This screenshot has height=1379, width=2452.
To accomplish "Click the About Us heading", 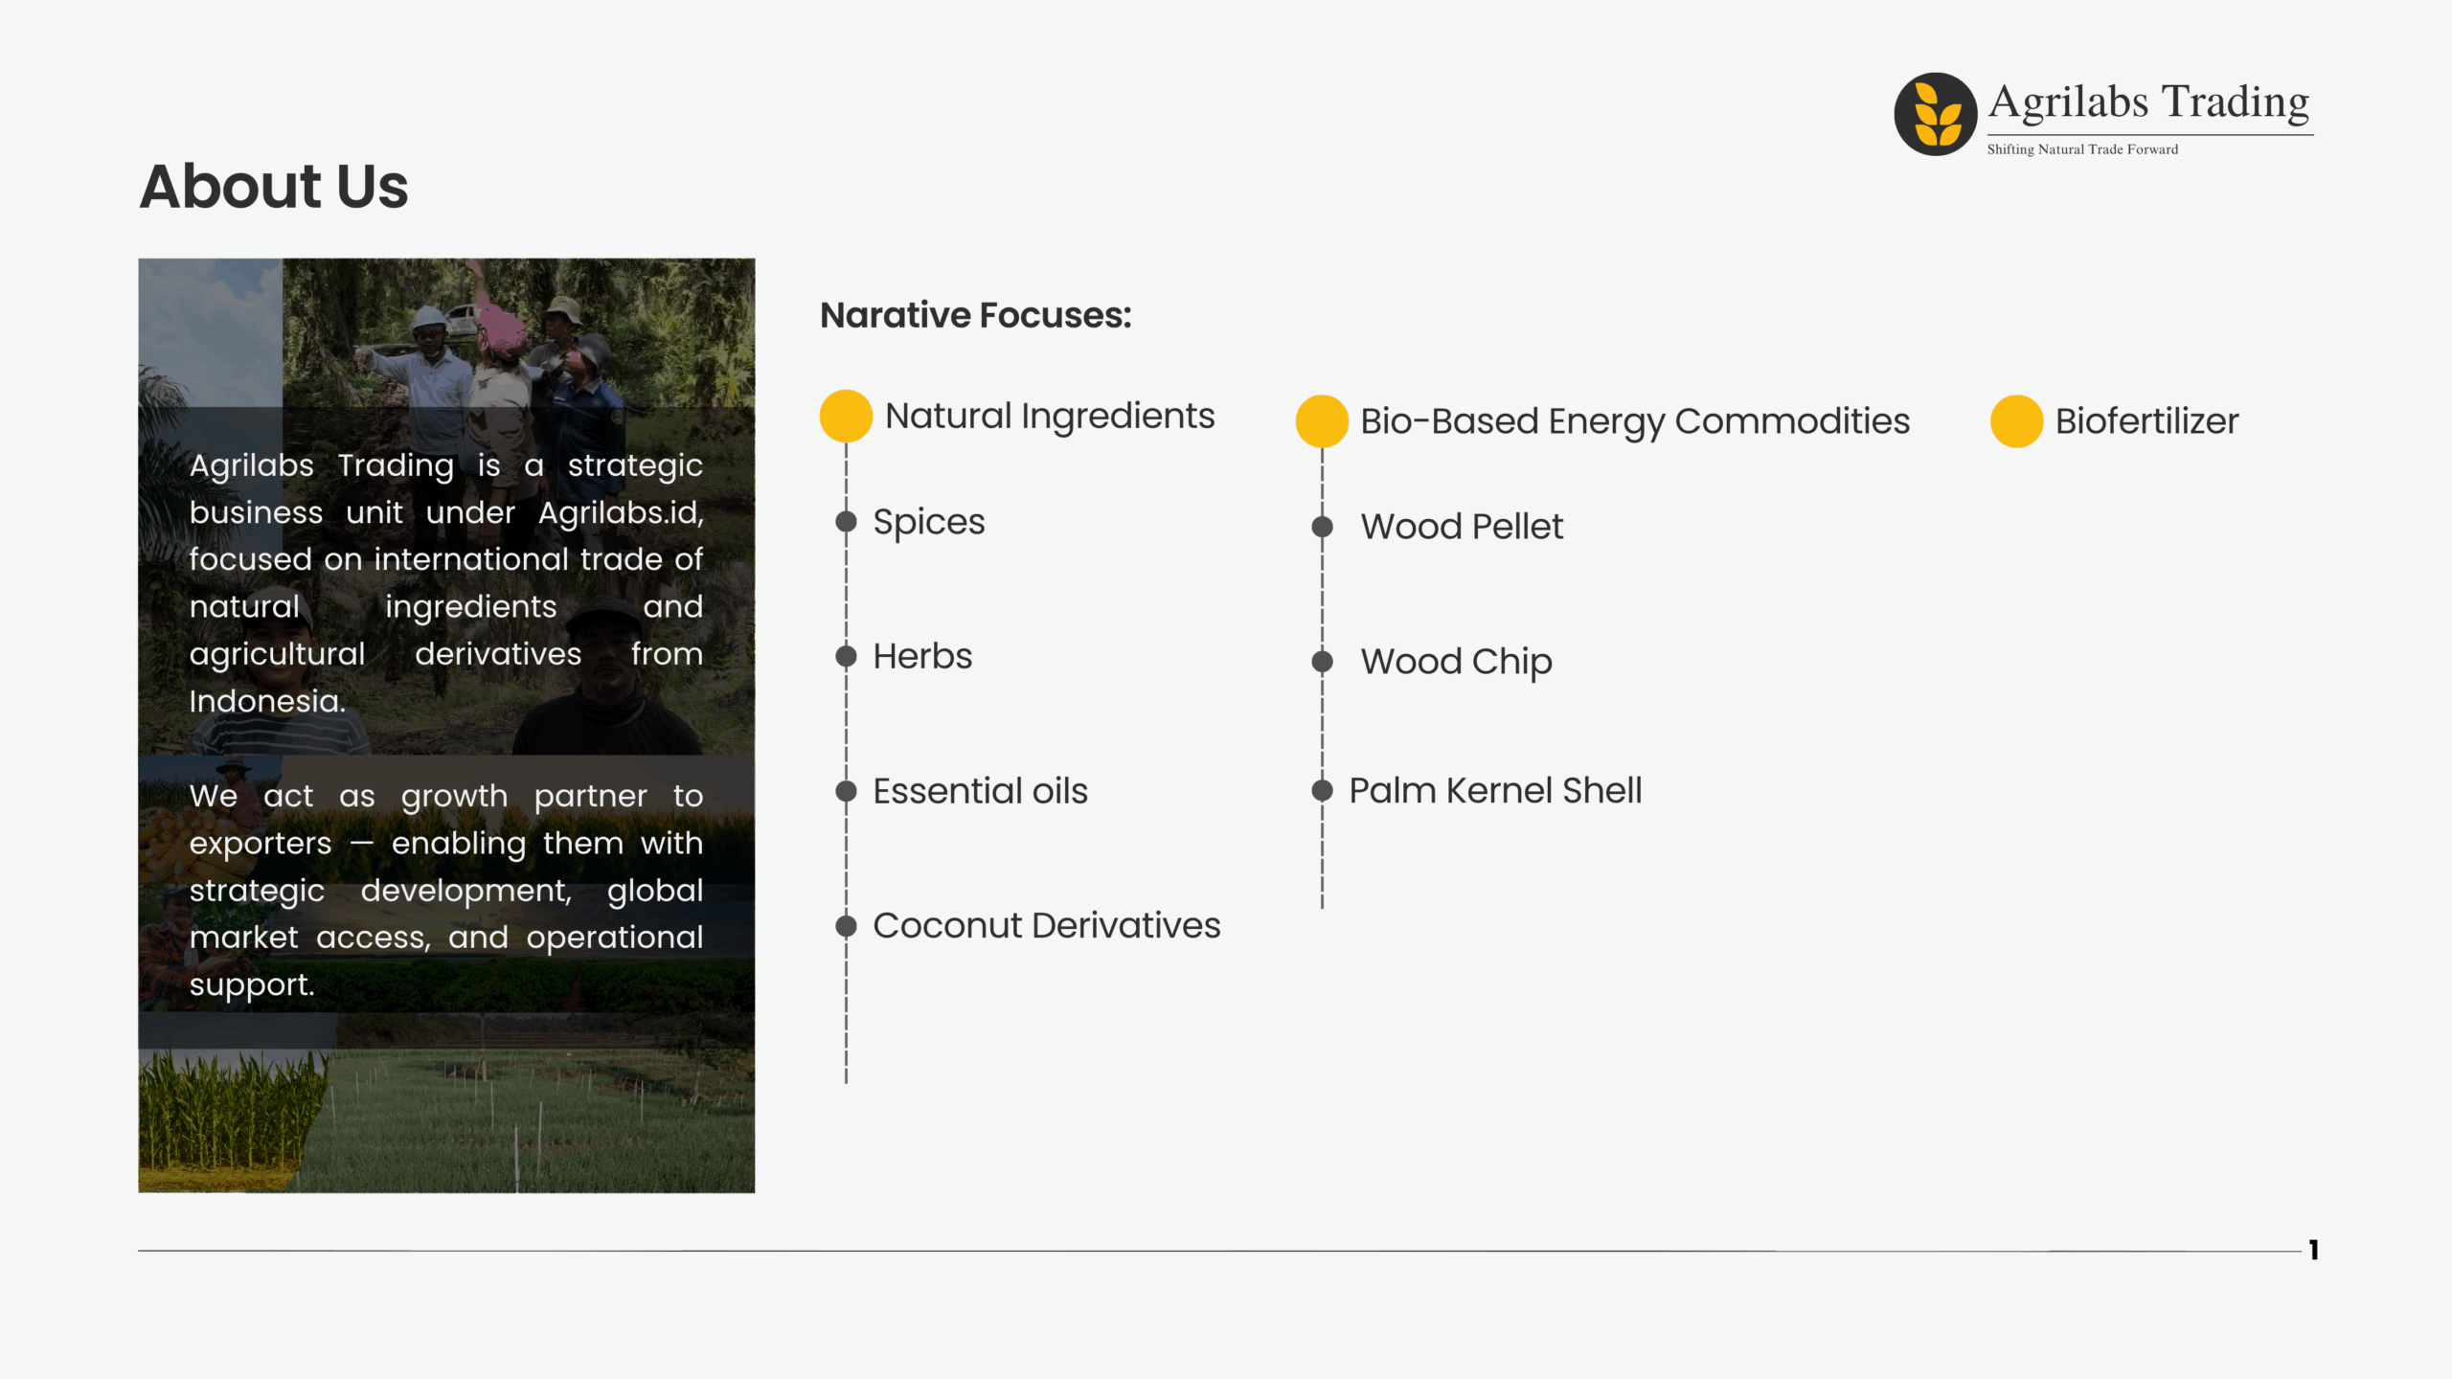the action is click(274, 186).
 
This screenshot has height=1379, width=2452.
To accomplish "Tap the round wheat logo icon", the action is click(1936, 114).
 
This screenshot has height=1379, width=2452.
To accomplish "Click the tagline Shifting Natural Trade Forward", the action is click(2082, 149).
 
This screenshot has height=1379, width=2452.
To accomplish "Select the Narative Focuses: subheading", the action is click(975, 315).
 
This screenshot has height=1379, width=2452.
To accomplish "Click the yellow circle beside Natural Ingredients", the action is click(846, 416).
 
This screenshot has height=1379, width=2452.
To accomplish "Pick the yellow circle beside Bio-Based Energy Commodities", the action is click(1322, 421).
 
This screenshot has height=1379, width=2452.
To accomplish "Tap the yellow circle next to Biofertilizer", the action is click(2016, 421).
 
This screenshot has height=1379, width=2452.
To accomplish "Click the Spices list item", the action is click(928, 523).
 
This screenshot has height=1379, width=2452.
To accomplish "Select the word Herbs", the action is click(922, 656).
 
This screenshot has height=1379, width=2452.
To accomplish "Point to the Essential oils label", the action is click(980, 791).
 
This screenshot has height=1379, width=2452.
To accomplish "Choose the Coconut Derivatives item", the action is click(1047, 926).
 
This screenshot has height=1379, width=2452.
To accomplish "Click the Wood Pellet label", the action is click(1462, 527).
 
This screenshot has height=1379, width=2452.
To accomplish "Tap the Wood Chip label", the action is click(1456, 662).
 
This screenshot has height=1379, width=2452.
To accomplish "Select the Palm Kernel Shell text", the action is click(1495, 791).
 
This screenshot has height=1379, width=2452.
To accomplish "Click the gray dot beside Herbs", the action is click(846, 656).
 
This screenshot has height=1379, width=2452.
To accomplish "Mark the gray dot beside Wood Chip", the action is click(1322, 661).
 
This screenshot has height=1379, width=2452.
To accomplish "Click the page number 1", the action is click(2313, 1250).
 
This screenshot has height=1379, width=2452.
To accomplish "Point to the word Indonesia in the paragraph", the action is click(267, 701).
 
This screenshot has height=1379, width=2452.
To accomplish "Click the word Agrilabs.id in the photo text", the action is click(621, 513).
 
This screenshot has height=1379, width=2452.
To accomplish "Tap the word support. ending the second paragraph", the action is click(252, 985).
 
